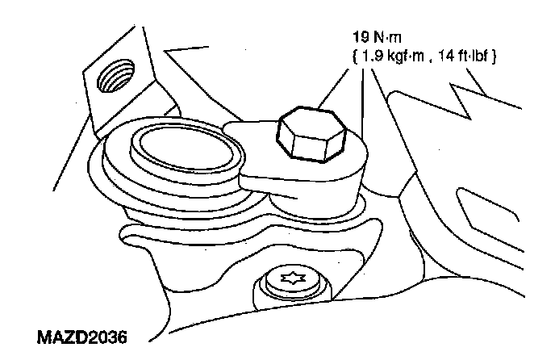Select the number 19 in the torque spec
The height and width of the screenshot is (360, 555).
[x=359, y=39]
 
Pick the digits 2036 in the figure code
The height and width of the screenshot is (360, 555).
[x=106, y=334]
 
